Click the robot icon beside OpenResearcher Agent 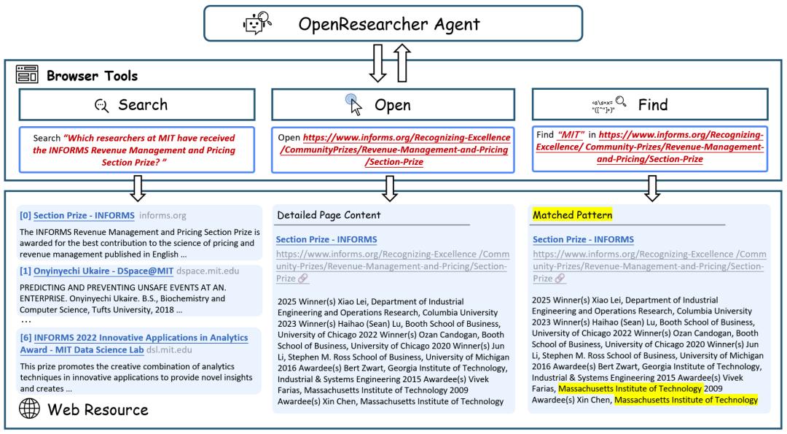[257, 23]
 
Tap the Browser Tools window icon [27, 74]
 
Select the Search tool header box [137, 104]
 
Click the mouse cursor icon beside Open [354, 104]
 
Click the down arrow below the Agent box [378, 63]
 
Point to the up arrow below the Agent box [402, 63]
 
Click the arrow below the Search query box [138, 188]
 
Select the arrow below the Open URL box [390, 188]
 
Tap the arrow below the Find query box [652, 188]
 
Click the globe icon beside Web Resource [30, 408]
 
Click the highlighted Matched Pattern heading [572, 215]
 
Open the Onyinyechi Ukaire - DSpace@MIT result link [103, 271]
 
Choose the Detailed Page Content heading [329, 215]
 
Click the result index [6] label [26, 338]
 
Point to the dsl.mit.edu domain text [169, 350]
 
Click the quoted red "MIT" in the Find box [571, 135]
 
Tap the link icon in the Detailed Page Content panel [302, 279]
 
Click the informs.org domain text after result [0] [163, 215]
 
